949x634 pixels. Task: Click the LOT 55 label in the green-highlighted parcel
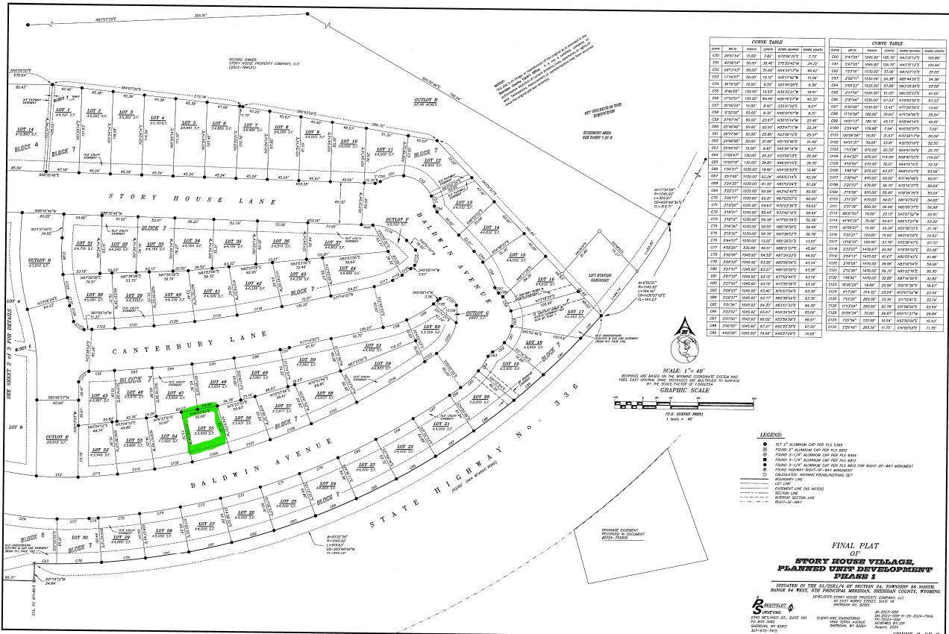pos(204,429)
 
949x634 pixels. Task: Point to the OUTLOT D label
pos(39,260)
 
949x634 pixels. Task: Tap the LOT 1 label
pos(62,112)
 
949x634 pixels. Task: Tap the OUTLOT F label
pos(395,221)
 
